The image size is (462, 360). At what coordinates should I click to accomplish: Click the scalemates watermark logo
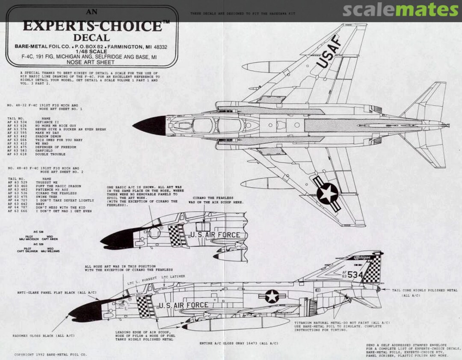point(400,9)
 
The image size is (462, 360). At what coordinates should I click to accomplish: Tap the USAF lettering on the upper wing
point(329,52)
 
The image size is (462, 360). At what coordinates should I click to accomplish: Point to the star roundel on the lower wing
point(328,194)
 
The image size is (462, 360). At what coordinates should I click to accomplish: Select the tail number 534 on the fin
point(355,275)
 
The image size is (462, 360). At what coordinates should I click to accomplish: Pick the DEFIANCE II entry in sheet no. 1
point(47,122)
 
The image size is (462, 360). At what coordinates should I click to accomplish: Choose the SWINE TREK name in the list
point(46,197)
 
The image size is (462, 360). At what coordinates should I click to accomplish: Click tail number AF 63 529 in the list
point(18,183)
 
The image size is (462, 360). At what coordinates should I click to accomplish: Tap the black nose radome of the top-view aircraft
point(150,126)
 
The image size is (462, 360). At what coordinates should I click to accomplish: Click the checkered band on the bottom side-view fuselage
point(145,306)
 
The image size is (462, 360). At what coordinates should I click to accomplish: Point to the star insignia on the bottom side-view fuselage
point(271,296)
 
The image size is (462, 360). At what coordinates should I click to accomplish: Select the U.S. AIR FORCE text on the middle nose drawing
point(215,235)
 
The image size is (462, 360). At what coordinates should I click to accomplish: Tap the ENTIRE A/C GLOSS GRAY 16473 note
point(239,343)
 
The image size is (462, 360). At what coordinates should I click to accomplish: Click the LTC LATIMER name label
point(174,277)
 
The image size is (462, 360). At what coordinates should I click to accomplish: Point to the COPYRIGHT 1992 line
point(50,354)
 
